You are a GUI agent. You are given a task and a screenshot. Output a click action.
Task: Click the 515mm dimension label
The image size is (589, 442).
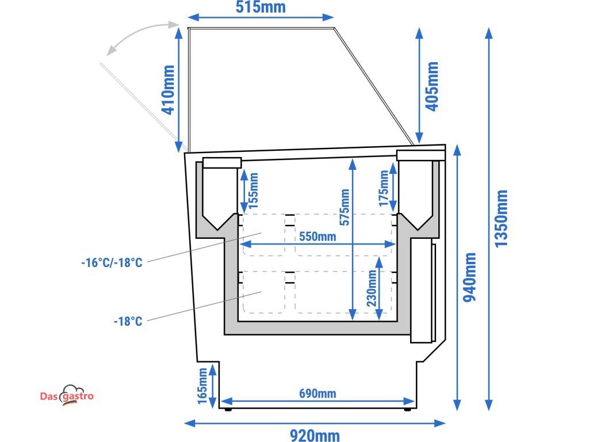click(x=261, y=7)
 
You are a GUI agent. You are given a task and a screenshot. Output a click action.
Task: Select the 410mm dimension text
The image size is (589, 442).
click(x=168, y=90)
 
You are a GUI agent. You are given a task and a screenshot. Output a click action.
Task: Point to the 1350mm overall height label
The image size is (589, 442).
click(x=501, y=218)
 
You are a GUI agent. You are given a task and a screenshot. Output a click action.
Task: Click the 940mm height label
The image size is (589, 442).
click(x=469, y=277)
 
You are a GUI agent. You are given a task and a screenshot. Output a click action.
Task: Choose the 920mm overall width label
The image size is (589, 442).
click(x=315, y=435)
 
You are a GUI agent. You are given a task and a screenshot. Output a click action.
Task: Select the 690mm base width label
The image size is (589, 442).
click(x=318, y=394)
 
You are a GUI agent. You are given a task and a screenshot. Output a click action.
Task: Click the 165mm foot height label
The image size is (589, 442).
click(x=202, y=386)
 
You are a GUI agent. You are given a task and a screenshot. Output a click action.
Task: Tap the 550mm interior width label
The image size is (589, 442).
click(x=318, y=237)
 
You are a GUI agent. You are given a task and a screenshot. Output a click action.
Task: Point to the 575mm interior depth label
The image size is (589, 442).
click(x=344, y=207)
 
